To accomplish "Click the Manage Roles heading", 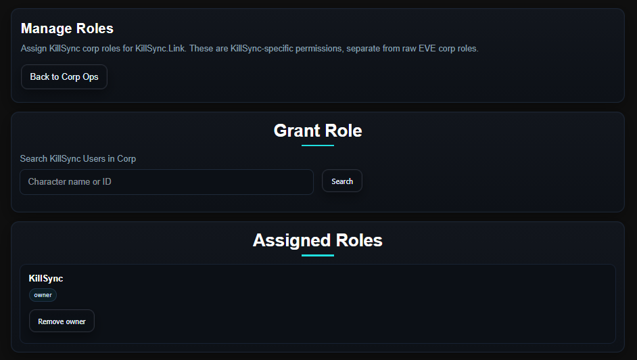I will click(x=67, y=28).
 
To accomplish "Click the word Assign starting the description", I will click(x=34, y=49).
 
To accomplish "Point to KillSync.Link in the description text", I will click(x=160, y=49).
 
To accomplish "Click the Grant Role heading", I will click(x=318, y=131).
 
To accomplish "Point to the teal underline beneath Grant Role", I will click(x=318, y=145).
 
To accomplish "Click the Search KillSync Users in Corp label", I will click(x=78, y=158).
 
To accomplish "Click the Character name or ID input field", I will click(x=166, y=182).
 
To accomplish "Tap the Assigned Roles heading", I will click(x=318, y=240).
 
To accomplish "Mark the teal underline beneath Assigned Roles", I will click(x=318, y=255).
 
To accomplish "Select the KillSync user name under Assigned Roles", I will click(x=46, y=278).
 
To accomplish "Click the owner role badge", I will click(x=43, y=295).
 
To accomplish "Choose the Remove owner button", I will click(x=62, y=321).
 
